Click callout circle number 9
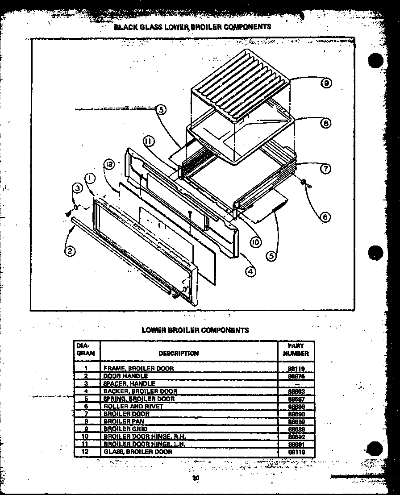click(x=327, y=83)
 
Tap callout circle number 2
click(x=70, y=251)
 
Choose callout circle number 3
click(x=77, y=189)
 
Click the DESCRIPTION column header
click(x=179, y=353)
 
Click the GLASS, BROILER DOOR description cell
click(x=137, y=452)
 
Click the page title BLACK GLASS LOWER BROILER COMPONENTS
click(x=192, y=26)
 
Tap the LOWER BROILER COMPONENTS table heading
click(x=195, y=330)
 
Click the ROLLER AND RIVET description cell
click(x=133, y=406)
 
